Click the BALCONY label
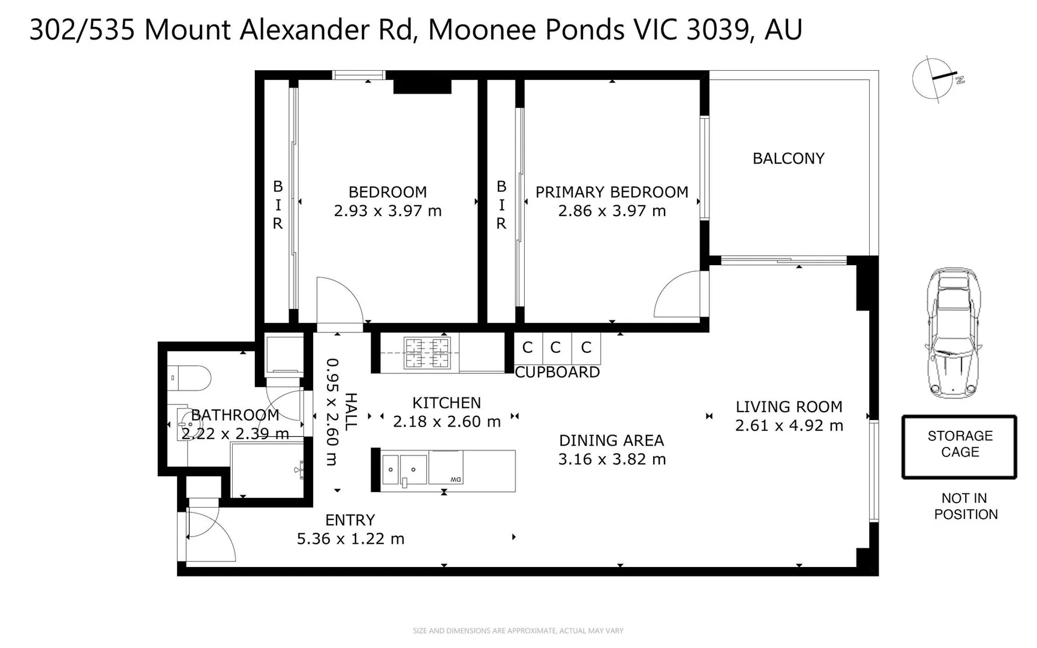coord(788,158)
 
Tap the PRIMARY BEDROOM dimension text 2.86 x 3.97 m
coord(612,211)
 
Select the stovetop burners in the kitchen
coord(427,353)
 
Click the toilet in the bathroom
coord(191,378)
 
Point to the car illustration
coord(954,333)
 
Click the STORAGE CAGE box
coord(959,446)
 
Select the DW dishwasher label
coord(455,479)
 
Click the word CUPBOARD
coord(557,373)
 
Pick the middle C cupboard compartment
coord(556,347)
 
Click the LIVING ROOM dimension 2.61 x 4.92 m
coord(789,425)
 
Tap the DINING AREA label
coord(611,440)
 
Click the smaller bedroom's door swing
coord(339,300)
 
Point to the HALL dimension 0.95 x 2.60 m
coord(332,412)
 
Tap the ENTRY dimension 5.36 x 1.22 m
coord(350,539)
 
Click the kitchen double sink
coord(405,469)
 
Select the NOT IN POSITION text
coord(965,506)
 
